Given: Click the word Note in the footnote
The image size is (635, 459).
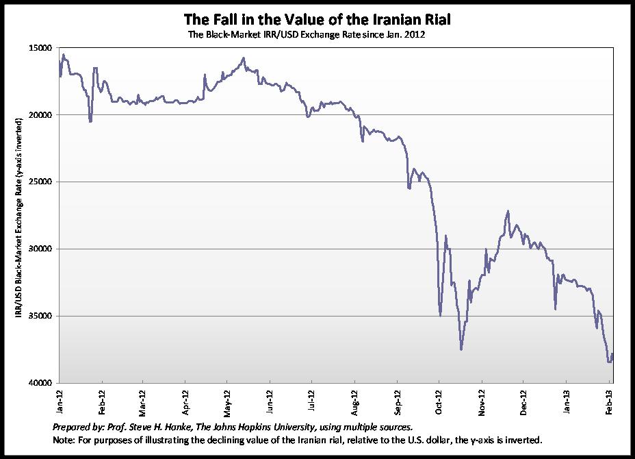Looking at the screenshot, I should pyautogui.click(x=63, y=440).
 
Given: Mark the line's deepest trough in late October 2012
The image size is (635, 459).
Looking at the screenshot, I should pyautogui.click(x=461, y=349).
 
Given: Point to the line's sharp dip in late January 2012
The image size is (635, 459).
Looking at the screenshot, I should pyautogui.click(x=90, y=122).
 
